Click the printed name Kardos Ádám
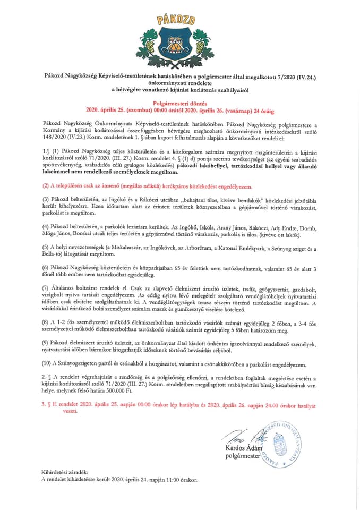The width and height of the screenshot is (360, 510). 244,448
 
